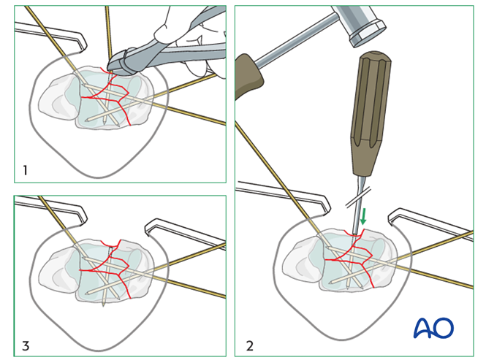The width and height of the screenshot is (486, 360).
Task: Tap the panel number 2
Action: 249,345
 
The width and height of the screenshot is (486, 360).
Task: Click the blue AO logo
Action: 433,328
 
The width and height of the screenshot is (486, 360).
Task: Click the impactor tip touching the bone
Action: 354,232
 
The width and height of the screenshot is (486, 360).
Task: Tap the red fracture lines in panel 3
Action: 110,270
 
